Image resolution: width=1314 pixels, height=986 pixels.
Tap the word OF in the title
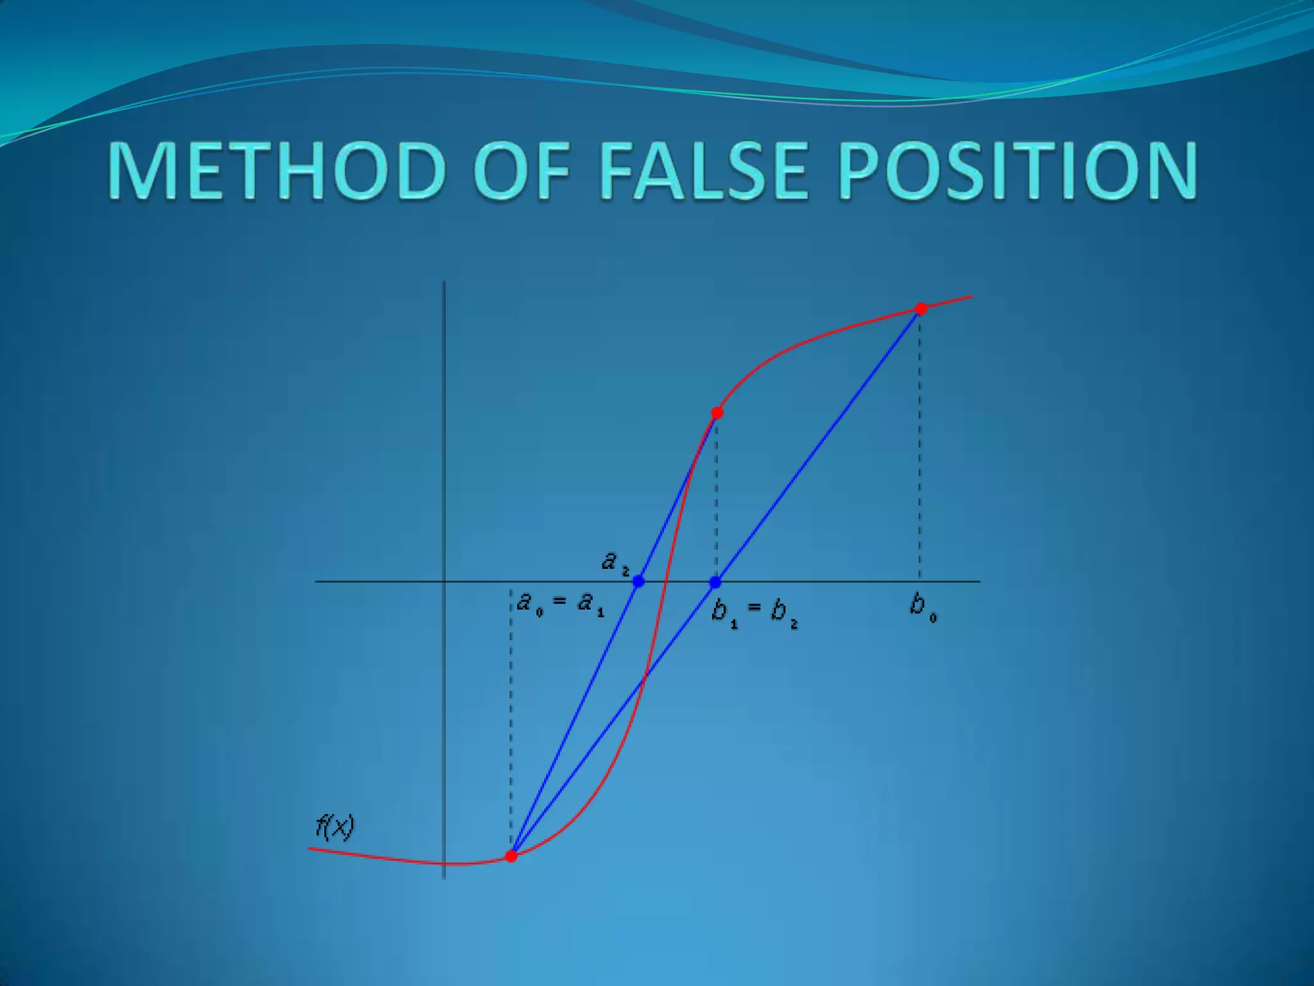tap(521, 170)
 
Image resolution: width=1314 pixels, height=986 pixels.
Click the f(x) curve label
tap(335, 827)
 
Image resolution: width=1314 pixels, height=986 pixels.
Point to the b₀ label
tap(923, 607)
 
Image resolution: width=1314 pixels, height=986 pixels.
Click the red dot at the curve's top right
tap(921, 309)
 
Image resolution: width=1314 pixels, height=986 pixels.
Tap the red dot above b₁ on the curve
tap(717, 413)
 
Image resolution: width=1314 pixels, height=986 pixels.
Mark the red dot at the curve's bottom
tap(511, 856)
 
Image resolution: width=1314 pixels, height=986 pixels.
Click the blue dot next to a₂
tap(638, 582)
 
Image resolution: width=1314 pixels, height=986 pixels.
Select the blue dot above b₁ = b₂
tap(715, 582)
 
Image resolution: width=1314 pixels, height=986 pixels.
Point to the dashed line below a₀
tap(511, 719)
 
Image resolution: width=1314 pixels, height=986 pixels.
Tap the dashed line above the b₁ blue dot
tap(717, 501)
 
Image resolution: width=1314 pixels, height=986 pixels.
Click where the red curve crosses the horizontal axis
tap(665, 582)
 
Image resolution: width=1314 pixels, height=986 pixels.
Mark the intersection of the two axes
tap(445, 582)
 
